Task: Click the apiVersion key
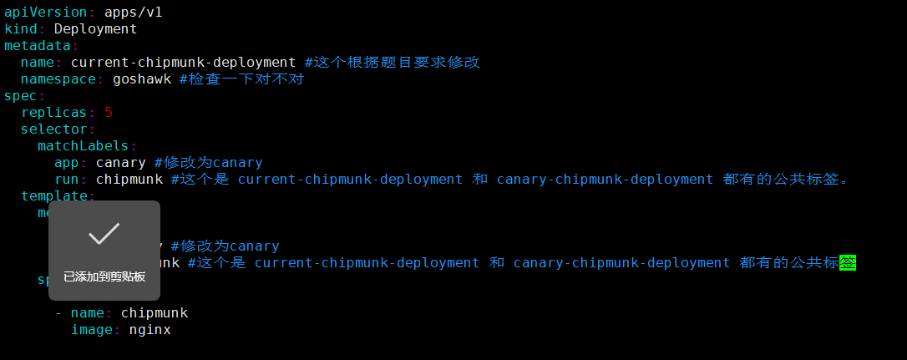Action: (x=46, y=12)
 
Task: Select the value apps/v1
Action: (x=134, y=12)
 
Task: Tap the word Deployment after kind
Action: (x=95, y=28)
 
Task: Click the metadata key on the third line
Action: (x=38, y=45)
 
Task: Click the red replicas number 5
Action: (x=109, y=112)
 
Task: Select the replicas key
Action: (x=54, y=112)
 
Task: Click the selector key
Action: (x=54, y=129)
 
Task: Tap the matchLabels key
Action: (x=84, y=145)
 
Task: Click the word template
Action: (x=54, y=195)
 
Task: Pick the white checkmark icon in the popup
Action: (x=104, y=234)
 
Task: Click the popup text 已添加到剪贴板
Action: (x=104, y=276)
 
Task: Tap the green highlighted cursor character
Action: (x=849, y=262)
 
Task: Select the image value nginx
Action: (x=149, y=329)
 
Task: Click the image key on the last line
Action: (x=92, y=329)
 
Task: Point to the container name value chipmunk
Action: (x=154, y=312)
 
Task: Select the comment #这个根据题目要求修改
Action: (x=392, y=62)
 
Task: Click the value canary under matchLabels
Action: (x=121, y=162)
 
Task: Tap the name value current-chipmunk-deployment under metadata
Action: (x=183, y=62)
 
